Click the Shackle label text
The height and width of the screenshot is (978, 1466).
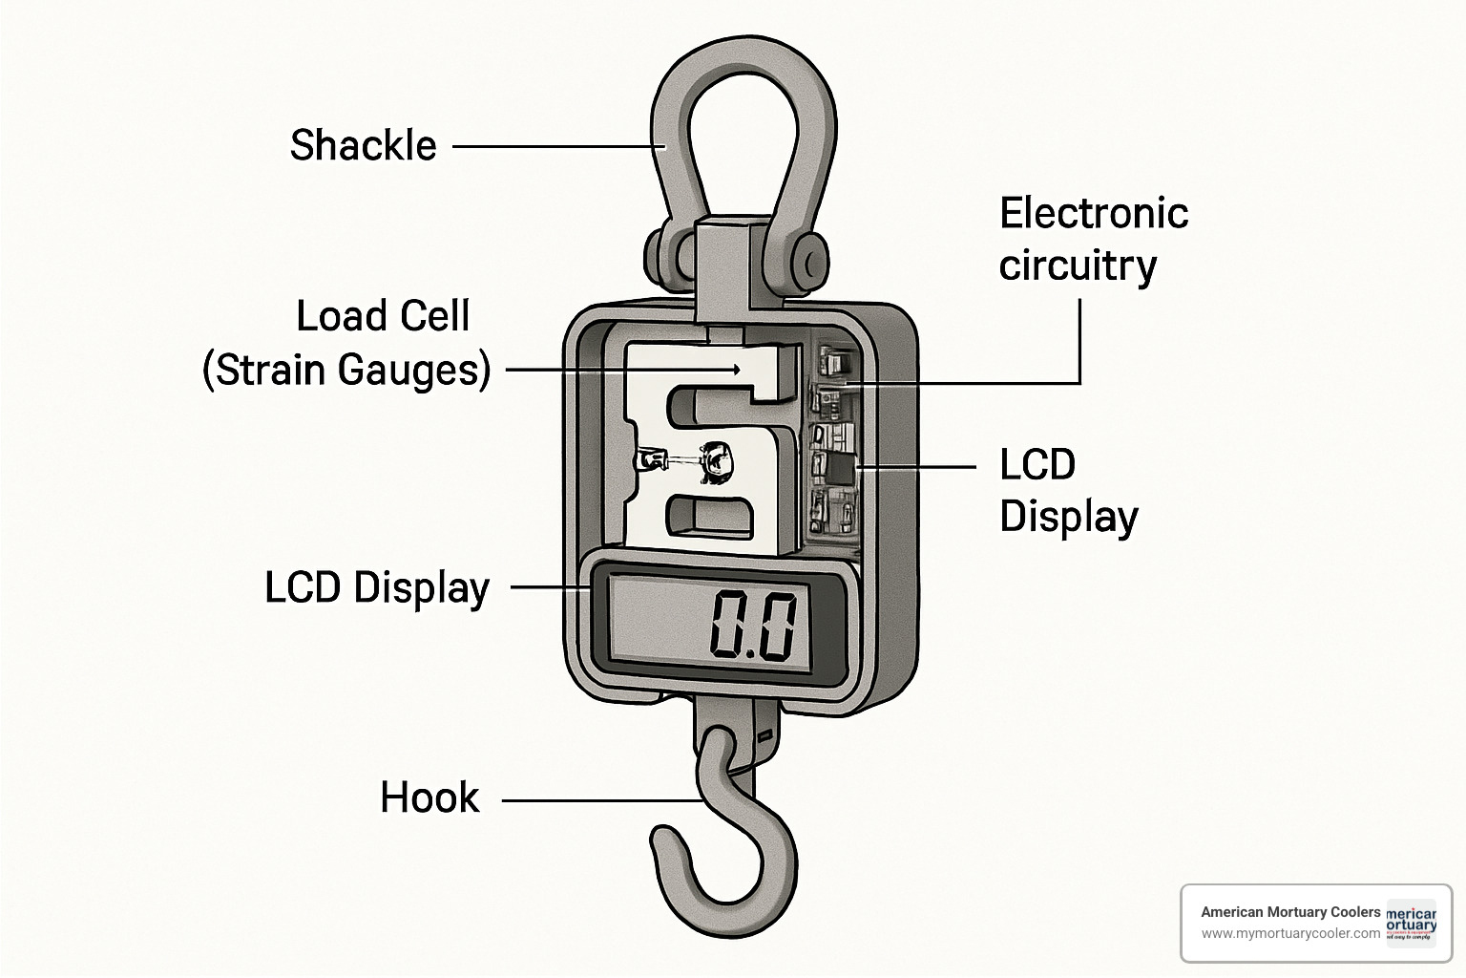363,146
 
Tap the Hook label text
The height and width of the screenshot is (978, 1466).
429,798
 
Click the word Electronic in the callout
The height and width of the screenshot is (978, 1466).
1093,213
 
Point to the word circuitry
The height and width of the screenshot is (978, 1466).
1078,266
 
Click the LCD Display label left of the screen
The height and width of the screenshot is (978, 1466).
376,587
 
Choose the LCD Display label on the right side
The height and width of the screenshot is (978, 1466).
1068,491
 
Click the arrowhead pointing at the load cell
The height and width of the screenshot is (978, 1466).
736,369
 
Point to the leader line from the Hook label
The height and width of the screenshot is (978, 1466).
601,800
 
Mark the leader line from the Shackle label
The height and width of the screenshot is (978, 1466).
558,147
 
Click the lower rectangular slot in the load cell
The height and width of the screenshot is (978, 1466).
706,516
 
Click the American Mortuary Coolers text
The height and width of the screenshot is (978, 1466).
1289,912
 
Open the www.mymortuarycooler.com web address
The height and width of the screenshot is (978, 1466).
1289,933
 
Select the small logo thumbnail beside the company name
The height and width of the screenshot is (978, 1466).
1411,923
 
